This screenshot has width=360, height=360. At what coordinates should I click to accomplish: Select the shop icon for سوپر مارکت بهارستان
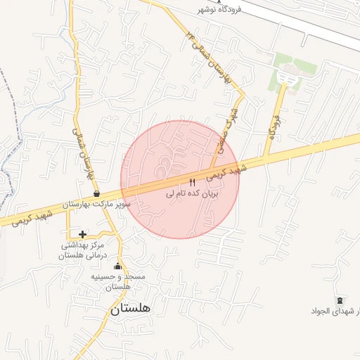(96, 194)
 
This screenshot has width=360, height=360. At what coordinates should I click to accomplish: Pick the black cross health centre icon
(82, 234)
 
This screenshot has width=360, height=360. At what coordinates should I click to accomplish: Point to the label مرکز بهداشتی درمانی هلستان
(82, 250)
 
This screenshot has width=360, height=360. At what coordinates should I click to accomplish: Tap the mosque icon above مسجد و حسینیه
(117, 266)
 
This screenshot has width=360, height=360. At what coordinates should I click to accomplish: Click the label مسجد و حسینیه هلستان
(118, 282)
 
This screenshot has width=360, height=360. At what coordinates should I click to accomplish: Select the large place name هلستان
(131, 308)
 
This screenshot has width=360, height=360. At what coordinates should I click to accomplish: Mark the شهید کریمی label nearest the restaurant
(229, 170)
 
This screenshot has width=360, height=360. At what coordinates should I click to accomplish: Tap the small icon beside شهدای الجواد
(340, 301)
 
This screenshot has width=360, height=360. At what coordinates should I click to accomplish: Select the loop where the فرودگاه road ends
(285, 78)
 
